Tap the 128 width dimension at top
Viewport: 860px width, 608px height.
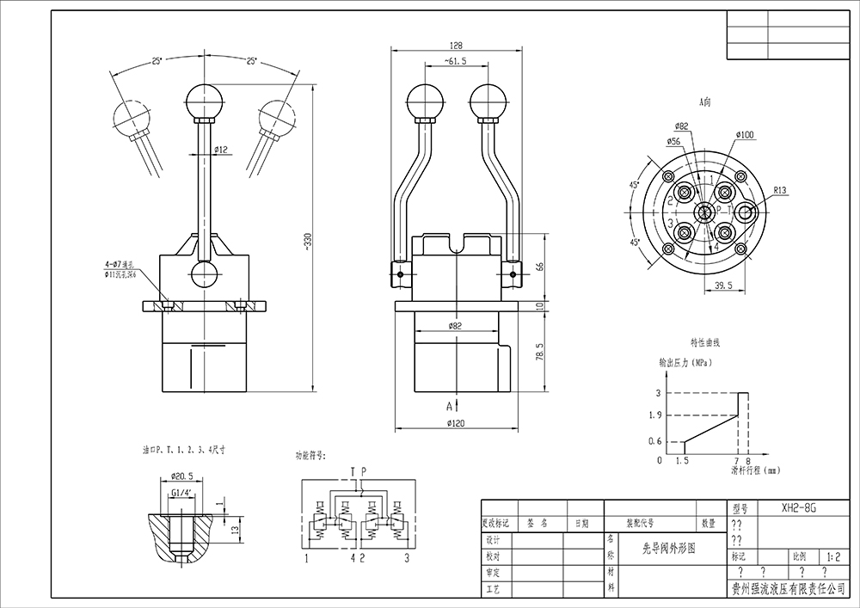[x=457, y=46]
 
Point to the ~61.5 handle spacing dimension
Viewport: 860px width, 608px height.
[x=455, y=62]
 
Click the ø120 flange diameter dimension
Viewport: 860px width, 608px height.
[x=456, y=423]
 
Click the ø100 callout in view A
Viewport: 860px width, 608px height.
[x=745, y=135]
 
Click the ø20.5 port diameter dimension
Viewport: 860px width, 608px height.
[x=181, y=476]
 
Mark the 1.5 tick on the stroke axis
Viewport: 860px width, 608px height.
[x=682, y=461]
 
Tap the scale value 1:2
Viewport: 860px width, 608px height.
[x=831, y=556]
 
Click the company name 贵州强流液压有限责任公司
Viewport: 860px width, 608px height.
[x=788, y=589]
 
